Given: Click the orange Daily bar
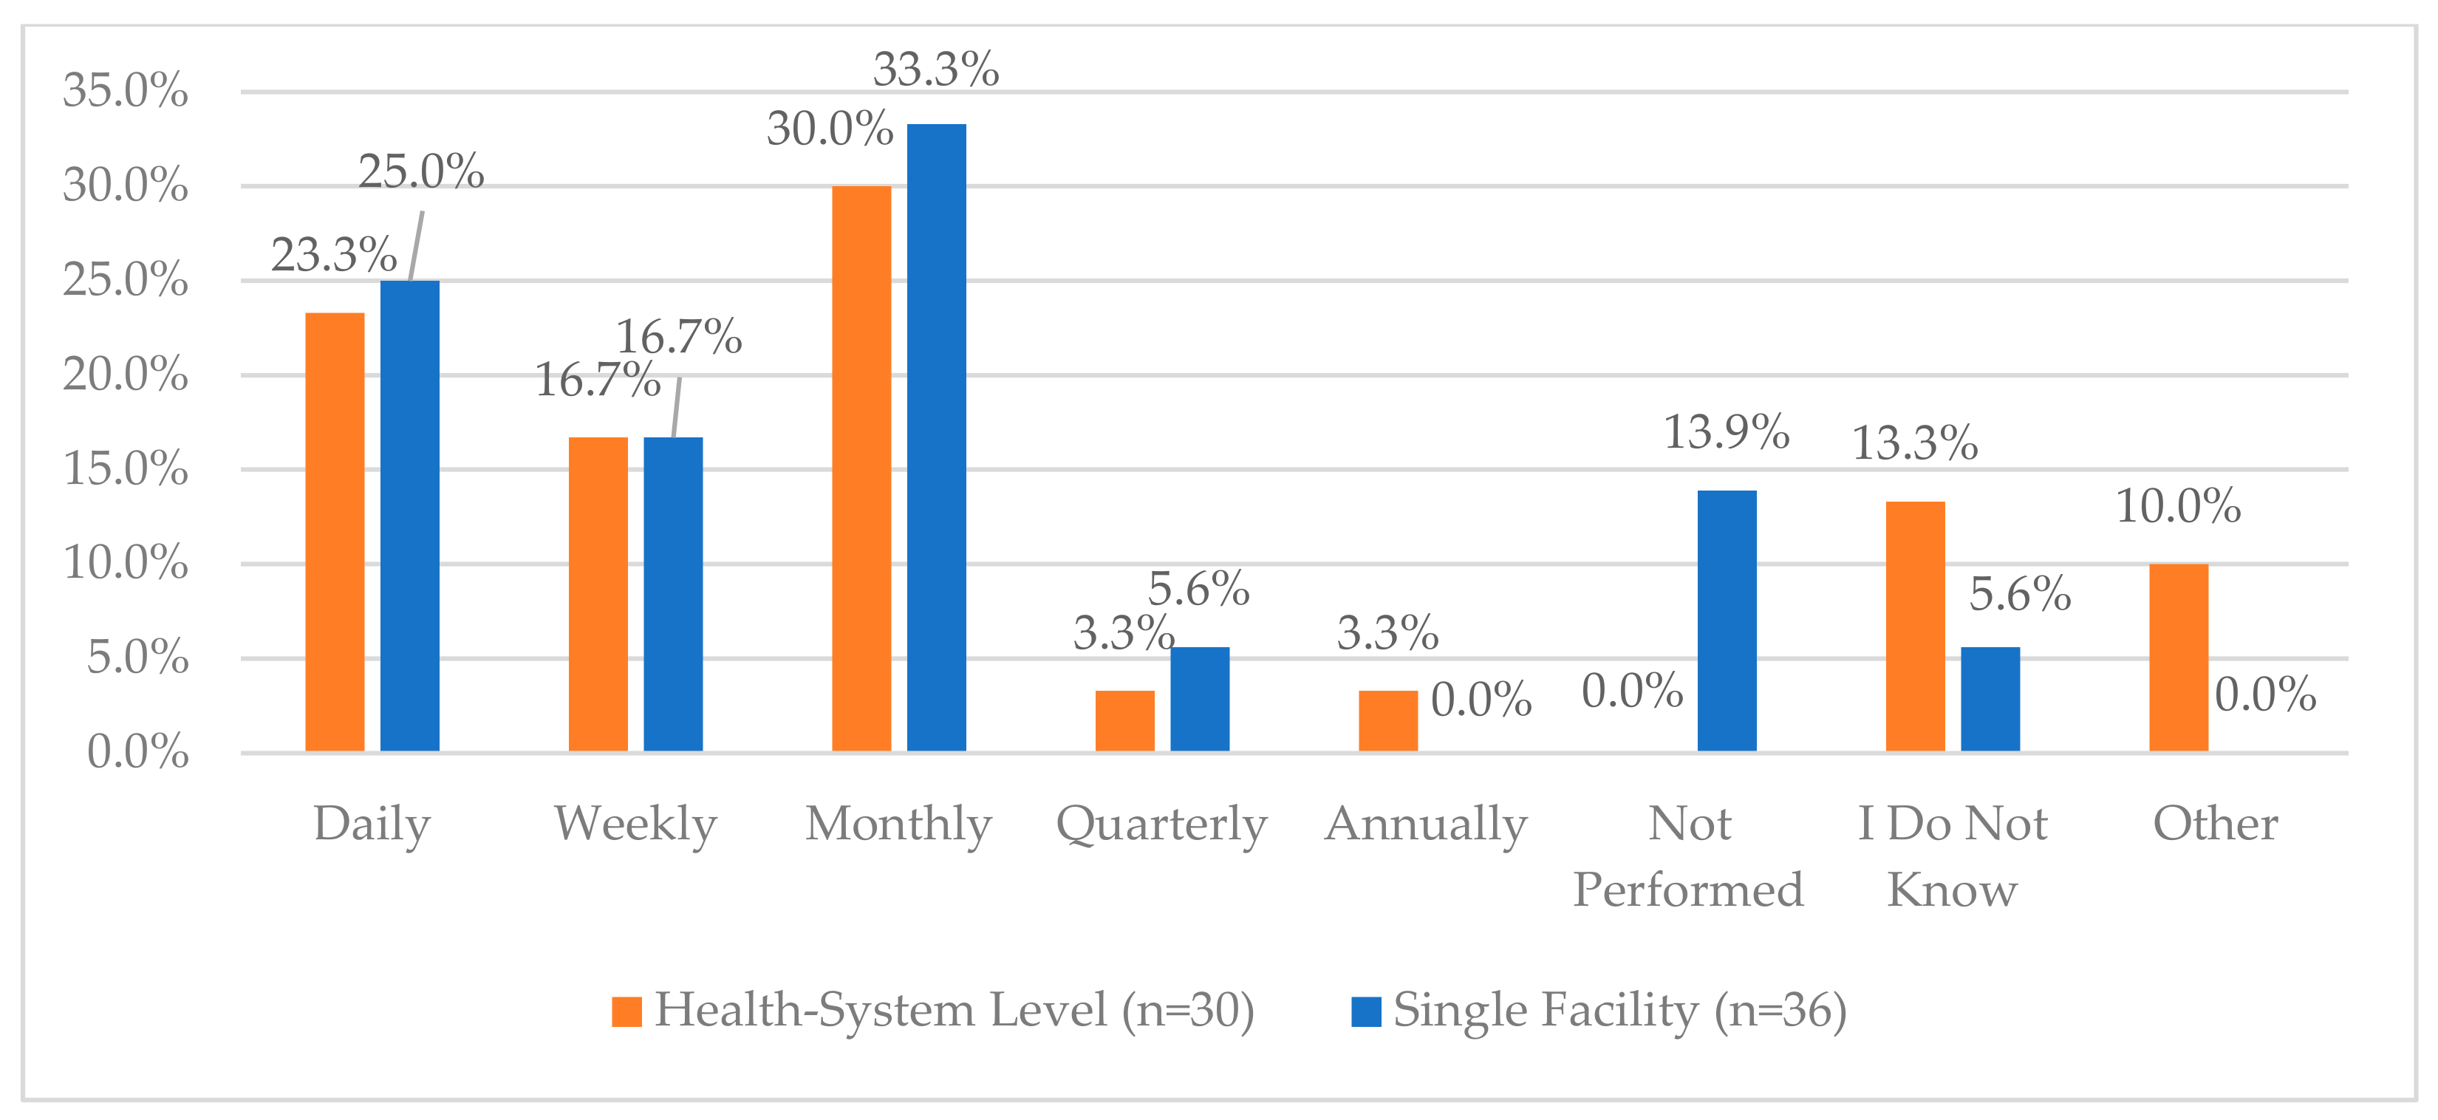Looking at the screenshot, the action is [335, 532].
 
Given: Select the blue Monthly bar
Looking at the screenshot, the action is [937, 437].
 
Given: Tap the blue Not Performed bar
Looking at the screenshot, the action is [1727, 621].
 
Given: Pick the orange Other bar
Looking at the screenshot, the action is [2179, 658].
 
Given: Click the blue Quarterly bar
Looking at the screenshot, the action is [1200, 700].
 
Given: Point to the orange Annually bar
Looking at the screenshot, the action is [1388, 721].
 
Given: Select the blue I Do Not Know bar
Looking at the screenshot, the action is [1990, 700].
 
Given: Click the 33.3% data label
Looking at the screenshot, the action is [936, 69].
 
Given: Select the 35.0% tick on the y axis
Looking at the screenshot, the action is [125, 91].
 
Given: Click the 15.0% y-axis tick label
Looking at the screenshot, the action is [125, 468].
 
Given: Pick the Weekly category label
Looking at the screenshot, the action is [636, 824].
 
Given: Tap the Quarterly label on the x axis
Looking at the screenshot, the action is [1162, 824].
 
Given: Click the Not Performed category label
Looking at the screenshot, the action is [1688, 857].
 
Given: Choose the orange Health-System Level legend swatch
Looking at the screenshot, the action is [626, 1011].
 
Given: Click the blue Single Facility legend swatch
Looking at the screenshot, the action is [1366, 1011].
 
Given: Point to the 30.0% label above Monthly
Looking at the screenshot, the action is [830, 128].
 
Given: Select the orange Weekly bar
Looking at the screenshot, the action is [598, 595].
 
